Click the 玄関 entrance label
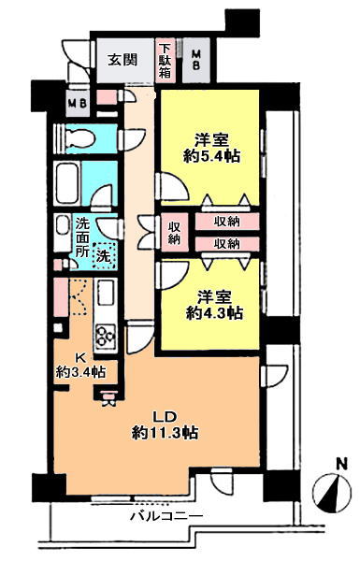click(x=122, y=60)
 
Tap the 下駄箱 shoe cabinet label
click(x=165, y=60)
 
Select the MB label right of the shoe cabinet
click(x=195, y=60)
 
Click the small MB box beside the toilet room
click(x=78, y=104)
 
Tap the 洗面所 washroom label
click(x=82, y=237)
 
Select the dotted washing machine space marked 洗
click(x=104, y=256)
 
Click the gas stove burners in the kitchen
click(x=106, y=336)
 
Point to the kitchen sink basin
click(x=106, y=293)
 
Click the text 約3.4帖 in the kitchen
click(x=80, y=372)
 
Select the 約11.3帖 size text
click(x=165, y=433)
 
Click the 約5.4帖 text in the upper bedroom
click(x=211, y=156)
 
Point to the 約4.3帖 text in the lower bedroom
click(x=214, y=313)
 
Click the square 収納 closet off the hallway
click(x=174, y=233)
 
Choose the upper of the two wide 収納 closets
click(x=227, y=222)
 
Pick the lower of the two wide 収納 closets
click(x=227, y=244)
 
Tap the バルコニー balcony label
click(x=166, y=516)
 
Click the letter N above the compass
click(x=342, y=465)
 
